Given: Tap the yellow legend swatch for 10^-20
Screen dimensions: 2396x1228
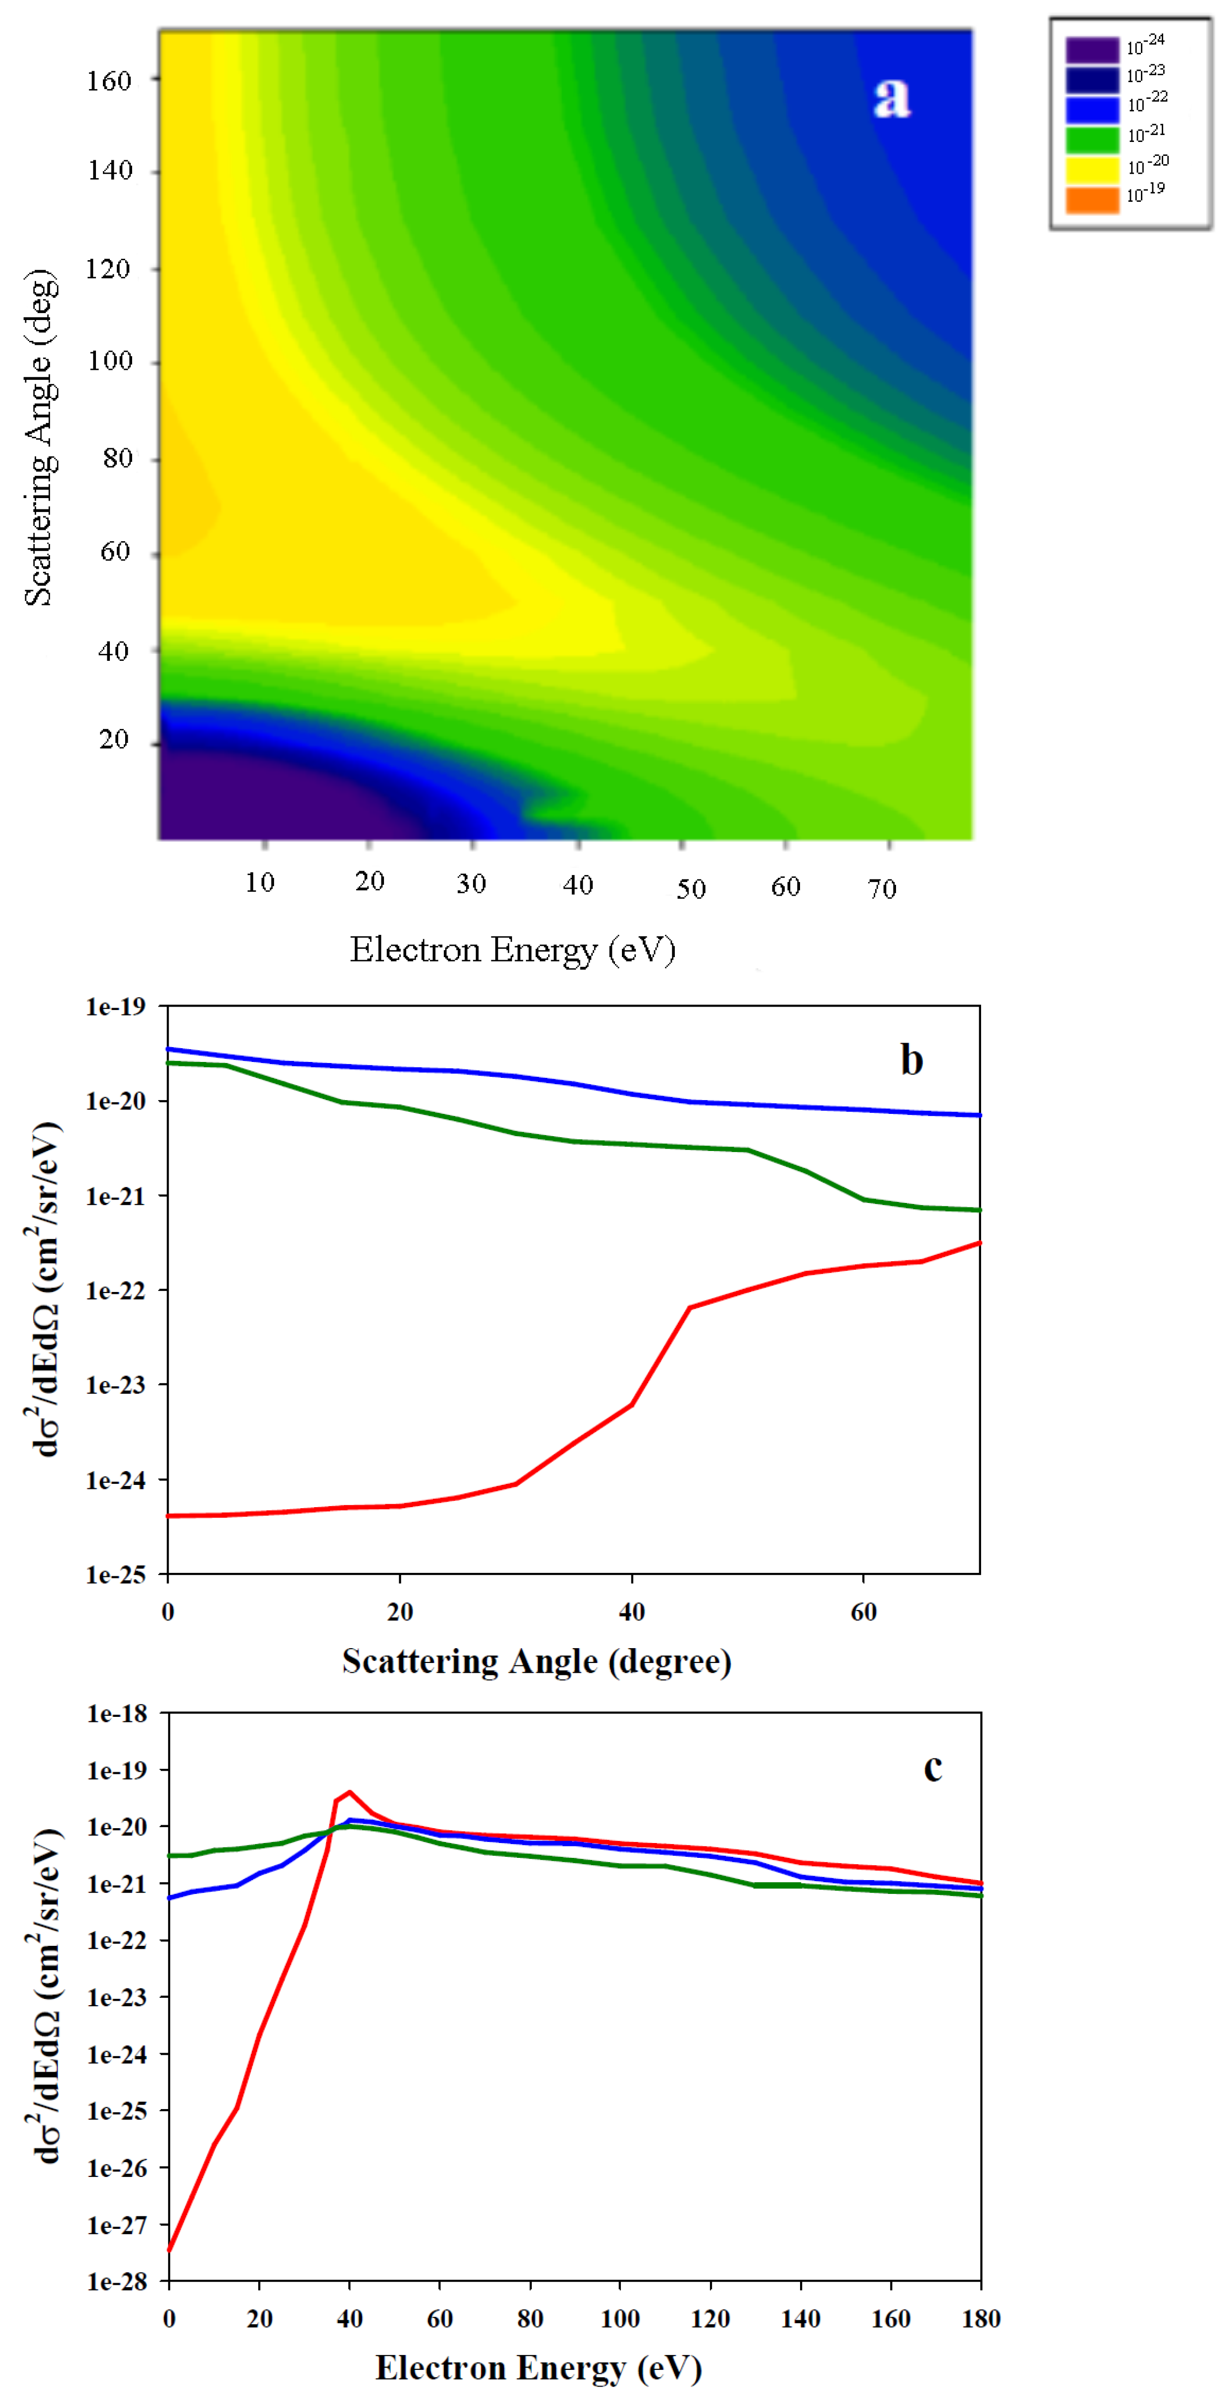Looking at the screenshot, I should [x=1091, y=169].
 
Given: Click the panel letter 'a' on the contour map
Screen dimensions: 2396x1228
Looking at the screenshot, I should [x=891, y=96].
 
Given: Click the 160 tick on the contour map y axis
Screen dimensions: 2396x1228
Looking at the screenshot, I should [x=110, y=81].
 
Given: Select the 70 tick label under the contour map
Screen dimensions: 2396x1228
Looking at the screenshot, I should [x=882, y=889].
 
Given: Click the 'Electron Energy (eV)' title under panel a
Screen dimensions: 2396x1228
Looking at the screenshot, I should [x=513, y=950].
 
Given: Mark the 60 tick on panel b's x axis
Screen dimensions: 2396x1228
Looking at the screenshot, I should [x=863, y=1612].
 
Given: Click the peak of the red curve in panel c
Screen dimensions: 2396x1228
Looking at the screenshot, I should [x=350, y=1793].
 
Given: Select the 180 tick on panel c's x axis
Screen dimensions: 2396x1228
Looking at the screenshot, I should [x=981, y=2319].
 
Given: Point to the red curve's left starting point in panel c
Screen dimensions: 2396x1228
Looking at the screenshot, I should [x=169, y=2250].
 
